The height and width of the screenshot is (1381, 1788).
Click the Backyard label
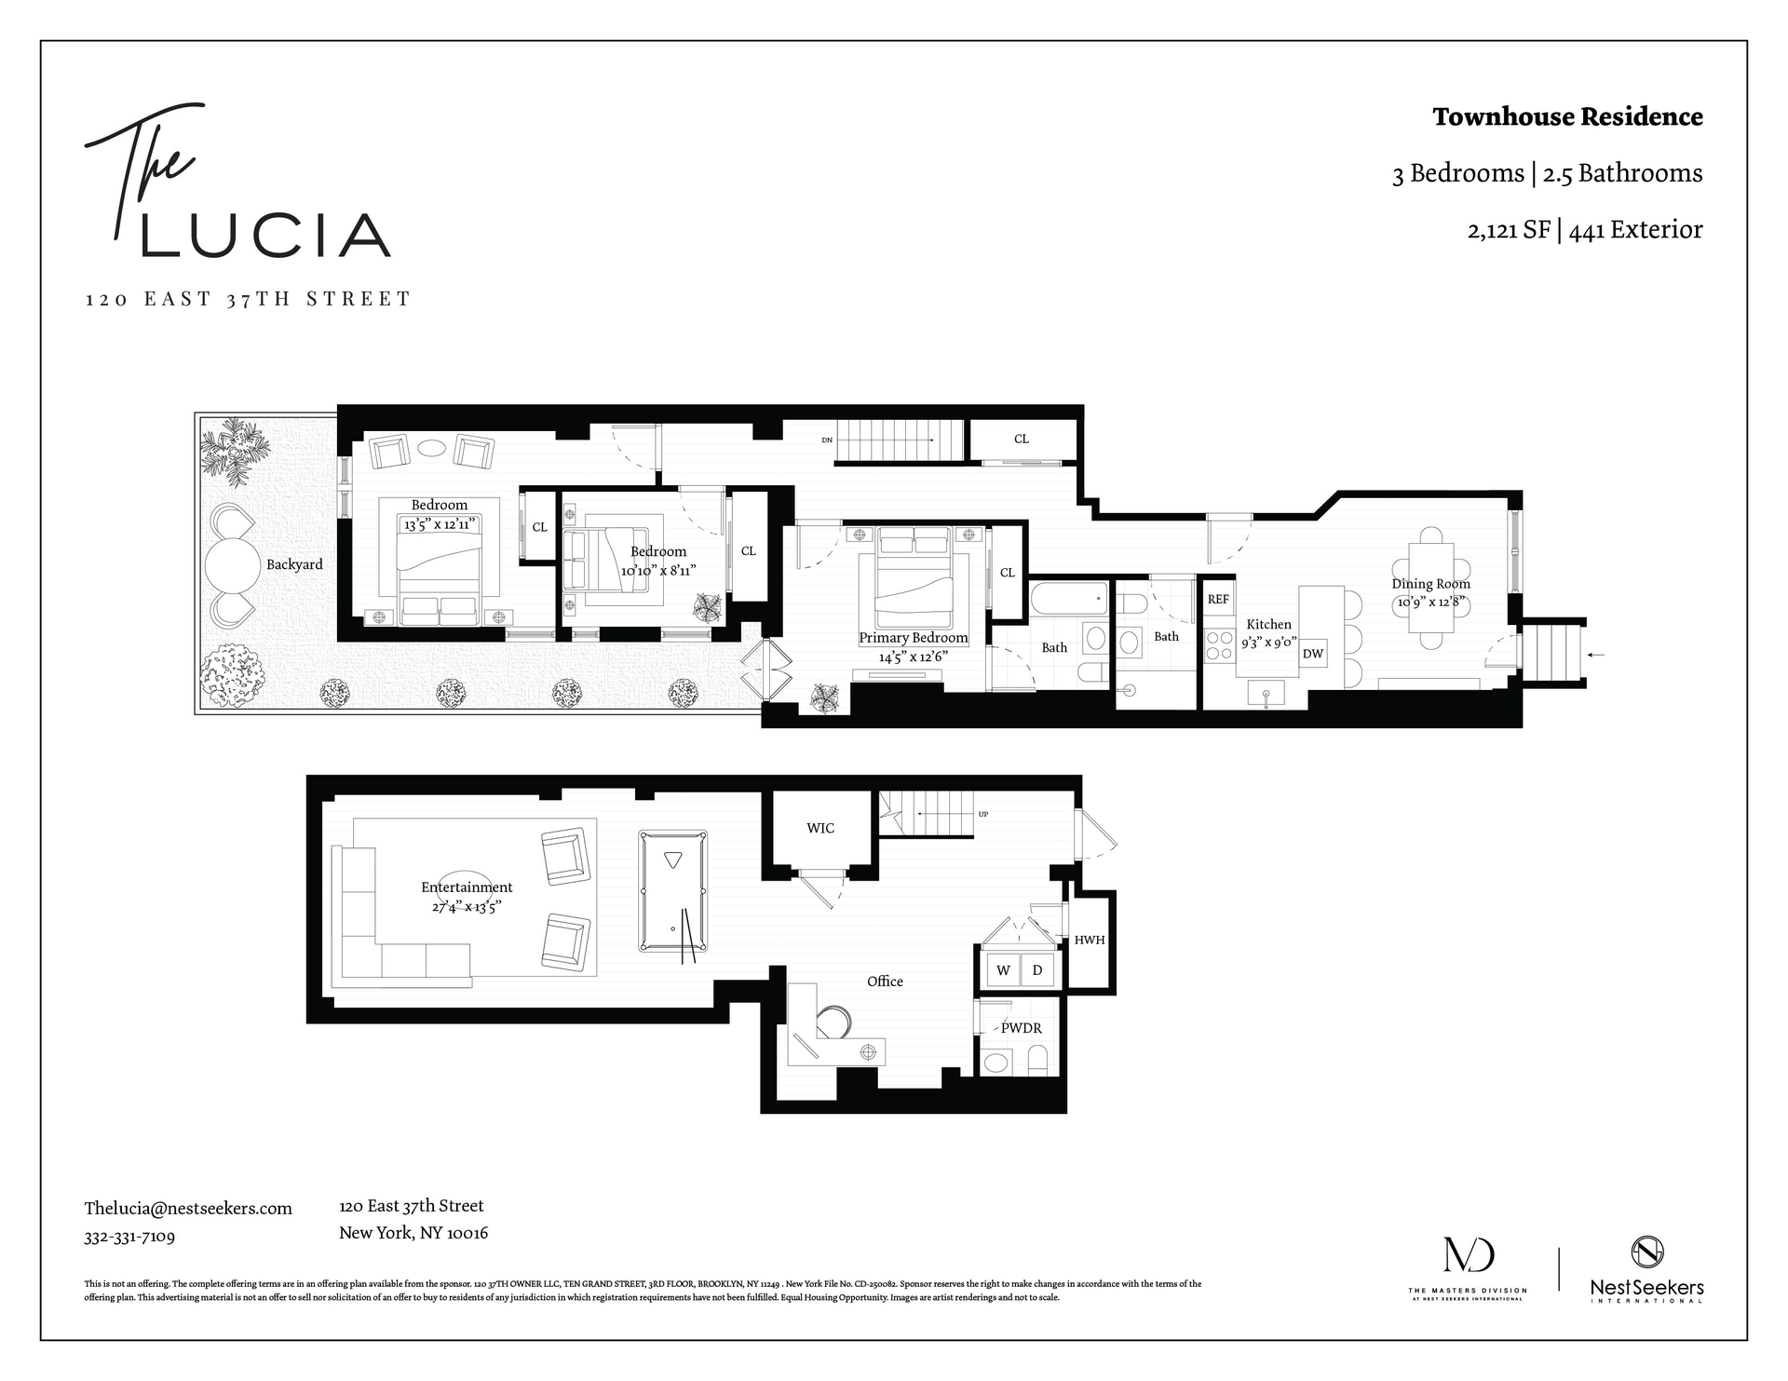point(294,564)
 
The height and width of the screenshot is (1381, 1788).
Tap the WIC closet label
point(820,828)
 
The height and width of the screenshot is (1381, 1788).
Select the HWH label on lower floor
point(1090,940)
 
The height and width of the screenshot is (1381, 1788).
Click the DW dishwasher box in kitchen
point(1313,654)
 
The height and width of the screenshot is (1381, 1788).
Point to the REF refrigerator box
point(1218,600)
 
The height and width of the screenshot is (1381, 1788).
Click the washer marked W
point(1003,970)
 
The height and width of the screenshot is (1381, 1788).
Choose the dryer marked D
point(1037,970)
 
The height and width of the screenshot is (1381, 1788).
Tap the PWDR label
point(1022,1028)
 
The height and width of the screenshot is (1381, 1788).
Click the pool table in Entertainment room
point(672,891)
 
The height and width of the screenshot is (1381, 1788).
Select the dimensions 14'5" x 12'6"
point(913,657)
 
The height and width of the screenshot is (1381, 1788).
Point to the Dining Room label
point(1431,584)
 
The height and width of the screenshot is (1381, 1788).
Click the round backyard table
point(232,564)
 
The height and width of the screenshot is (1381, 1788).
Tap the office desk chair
point(833,1022)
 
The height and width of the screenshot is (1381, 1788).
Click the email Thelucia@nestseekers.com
point(188,1208)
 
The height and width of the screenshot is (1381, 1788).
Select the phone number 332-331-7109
point(129,1237)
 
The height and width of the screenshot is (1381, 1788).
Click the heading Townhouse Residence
point(1567,117)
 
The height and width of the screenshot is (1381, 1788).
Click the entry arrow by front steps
point(1595,656)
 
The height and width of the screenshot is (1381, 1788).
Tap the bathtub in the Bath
point(1069,598)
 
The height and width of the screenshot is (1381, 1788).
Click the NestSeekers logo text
point(1646,1288)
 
